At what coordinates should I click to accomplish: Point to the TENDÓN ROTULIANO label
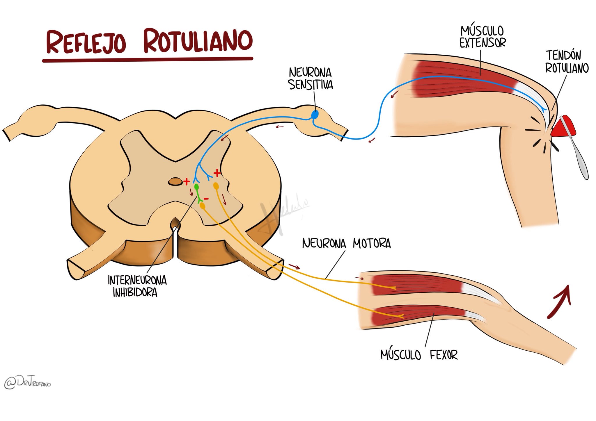(x=567, y=62)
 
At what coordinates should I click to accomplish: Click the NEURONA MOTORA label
(x=346, y=243)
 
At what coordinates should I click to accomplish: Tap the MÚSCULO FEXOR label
(x=419, y=355)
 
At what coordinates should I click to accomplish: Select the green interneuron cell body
(x=197, y=186)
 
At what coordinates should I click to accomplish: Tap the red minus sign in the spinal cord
(x=206, y=199)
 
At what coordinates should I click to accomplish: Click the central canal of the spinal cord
(x=175, y=182)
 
